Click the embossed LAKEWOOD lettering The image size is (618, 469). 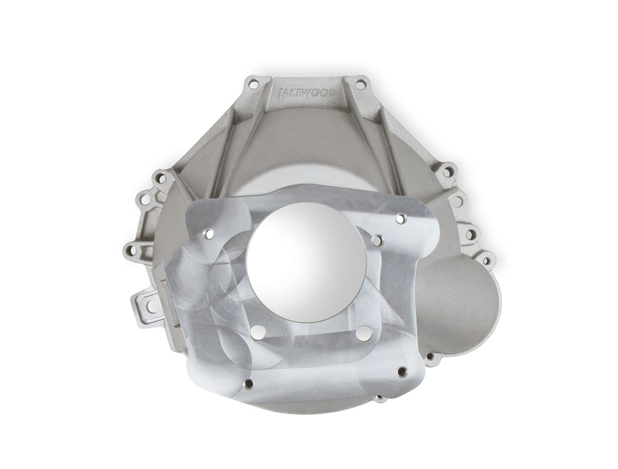pos(311,92)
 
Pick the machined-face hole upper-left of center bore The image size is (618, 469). pos(208,232)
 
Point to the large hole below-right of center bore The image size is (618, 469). pos(363,332)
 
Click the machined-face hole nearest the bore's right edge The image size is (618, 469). pos(377,240)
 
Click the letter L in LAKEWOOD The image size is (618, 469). pos(282,92)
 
